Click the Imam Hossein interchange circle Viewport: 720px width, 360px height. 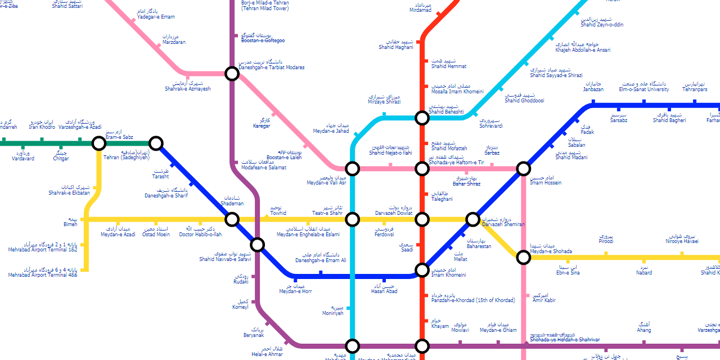524,168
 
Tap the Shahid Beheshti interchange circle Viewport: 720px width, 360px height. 422,118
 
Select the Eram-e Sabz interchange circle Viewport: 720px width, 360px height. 99,143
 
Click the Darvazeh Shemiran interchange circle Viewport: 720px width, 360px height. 473,219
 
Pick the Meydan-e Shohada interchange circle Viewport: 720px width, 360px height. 524,257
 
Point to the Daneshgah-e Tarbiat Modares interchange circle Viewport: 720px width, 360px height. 232,73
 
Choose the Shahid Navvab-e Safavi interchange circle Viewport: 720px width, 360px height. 257,244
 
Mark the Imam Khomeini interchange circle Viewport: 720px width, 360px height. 422,270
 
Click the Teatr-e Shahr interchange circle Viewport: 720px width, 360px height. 352,219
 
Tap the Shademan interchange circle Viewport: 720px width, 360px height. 232,219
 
